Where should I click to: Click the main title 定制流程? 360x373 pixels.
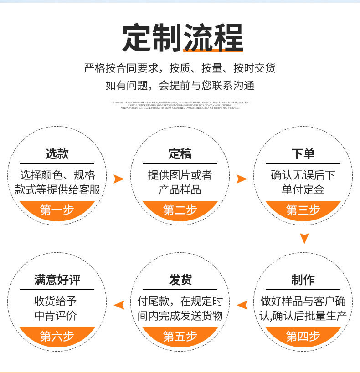tap(182, 38)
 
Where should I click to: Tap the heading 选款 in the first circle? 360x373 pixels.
tap(57, 153)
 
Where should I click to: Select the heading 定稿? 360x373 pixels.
tap(180, 153)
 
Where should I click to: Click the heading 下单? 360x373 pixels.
tap(303, 153)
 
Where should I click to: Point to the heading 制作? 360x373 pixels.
tap(303, 280)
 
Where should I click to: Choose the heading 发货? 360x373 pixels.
tap(180, 280)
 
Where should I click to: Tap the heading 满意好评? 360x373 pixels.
tap(57, 280)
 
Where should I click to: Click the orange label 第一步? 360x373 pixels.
tap(57, 210)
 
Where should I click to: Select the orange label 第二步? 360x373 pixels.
tap(180, 210)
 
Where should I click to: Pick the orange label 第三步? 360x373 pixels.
tap(303, 210)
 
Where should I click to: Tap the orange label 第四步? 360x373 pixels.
tap(303, 336)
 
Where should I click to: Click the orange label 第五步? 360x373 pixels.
tap(180, 336)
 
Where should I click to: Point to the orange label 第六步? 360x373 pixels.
tap(57, 336)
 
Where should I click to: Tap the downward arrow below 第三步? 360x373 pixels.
tap(304, 238)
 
